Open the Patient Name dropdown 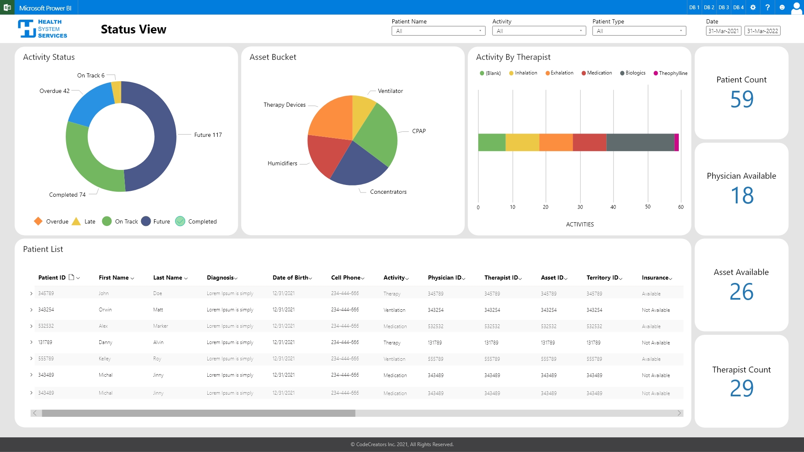(x=438, y=31)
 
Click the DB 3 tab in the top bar (x=724, y=8)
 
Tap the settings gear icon (x=753, y=8)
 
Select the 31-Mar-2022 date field (x=762, y=31)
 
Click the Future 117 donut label (x=208, y=135)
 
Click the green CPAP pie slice (x=377, y=134)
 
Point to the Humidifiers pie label (x=282, y=163)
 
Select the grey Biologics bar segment (x=640, y=142)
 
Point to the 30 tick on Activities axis (x=580, y=207)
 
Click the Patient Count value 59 (x=742, y=100)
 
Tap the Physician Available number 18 (x=742, y=195)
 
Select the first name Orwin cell (x=105, y=310)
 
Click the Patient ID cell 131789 (x=45, y=342)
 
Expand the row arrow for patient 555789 (x=31, y=359)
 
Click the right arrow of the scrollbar (x=679, y=413)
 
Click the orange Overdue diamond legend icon (x=38, y=221)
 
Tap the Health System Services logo (x=42, y=29)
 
